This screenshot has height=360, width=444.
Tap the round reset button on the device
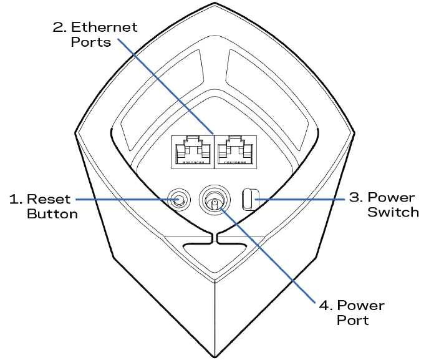tap(179, 200)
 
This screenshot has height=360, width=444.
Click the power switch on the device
tap(248, 200)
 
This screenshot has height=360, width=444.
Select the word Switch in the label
tap(393, 212)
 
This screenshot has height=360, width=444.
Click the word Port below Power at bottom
tap(353, 321)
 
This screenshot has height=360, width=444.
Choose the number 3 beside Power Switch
tap(354, 198)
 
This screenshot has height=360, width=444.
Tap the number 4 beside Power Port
tap(323, 306)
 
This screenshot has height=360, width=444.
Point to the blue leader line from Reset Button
tap(125, 200)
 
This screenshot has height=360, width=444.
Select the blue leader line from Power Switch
tap(299, 200)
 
